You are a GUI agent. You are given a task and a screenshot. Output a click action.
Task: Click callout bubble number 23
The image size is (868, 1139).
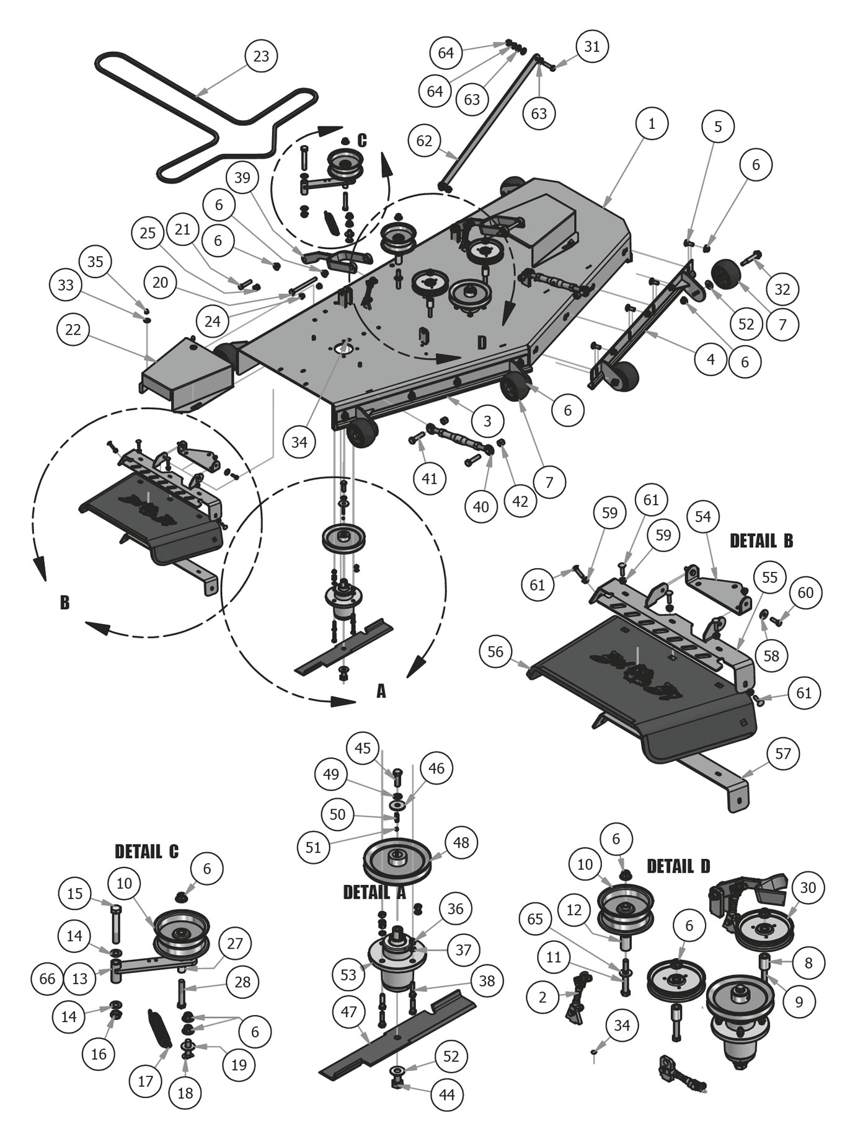pyautogui.click(x=262, y=56)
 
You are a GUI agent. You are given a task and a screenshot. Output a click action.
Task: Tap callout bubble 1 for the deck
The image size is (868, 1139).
pyautogui.click(x=652, y=124)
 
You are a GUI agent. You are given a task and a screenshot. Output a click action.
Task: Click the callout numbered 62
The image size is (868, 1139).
pyautogui.click(x=424, y=141)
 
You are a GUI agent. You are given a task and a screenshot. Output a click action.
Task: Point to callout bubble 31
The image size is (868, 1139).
pyautogui.click(x=592, y=46)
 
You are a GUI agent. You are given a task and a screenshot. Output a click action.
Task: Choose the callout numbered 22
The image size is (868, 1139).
pyautogui.click(x=73, y=330)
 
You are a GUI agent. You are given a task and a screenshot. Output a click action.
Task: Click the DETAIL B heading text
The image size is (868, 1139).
pyautogui.click(x=761, y=540)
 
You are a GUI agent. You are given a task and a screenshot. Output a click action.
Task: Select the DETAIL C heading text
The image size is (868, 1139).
pyautogui.click(x=147, y=851)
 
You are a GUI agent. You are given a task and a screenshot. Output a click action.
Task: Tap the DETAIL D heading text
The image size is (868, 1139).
pyautogui.click(x=678, y=866)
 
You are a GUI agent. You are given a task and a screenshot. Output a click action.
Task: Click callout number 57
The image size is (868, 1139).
pyautogui.click(x=783, y=754)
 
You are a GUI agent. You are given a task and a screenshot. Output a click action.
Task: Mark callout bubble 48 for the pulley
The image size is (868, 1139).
pyautogui.click(x=461, y=842)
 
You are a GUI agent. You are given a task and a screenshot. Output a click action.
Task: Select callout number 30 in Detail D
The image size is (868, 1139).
pyautogui.click(x=808, y=888)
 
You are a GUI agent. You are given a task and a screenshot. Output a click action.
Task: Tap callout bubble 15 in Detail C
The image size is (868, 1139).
pyautogui.click(x=74, y=894)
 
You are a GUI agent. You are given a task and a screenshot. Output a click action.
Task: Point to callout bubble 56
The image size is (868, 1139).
pyautogui.click(x=495, y=651)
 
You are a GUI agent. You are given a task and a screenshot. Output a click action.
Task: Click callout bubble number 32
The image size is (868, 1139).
pyautogui.click(x=783, y=289)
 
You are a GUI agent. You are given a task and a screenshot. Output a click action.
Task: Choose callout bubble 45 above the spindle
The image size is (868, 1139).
pyautogui.click(x=363, y=748)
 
